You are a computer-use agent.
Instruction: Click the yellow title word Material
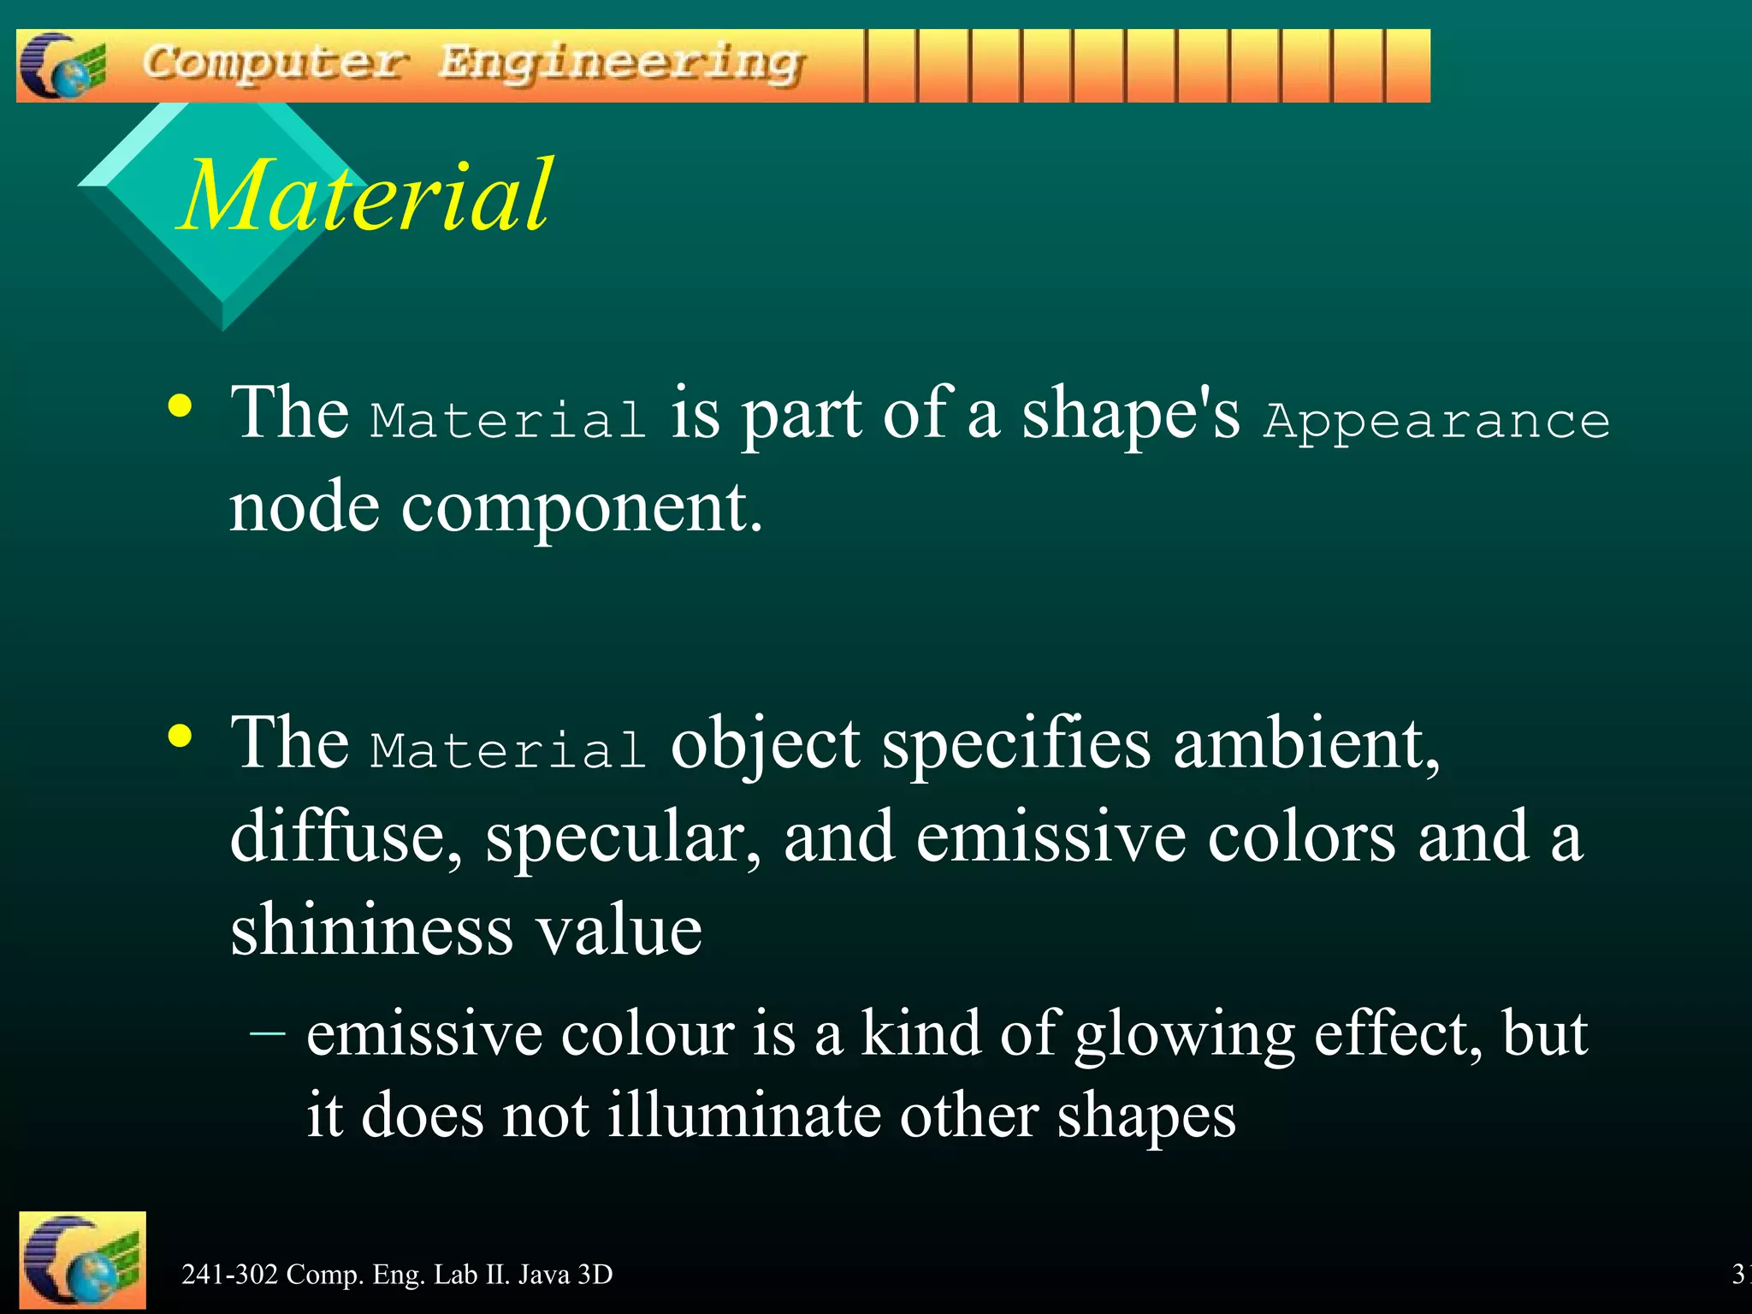tap(367, 196)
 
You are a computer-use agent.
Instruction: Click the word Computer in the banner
tap(273, 63)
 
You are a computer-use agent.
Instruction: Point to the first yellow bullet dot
tap(180, 406)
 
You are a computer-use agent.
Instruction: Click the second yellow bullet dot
tap(180, 735)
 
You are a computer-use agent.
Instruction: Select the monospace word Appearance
tap(1436, 421)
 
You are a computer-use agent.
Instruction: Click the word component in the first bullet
tap(582, 506)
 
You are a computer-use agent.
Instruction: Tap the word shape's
tap(1130, 414)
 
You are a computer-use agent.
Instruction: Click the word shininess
tap(372, 930)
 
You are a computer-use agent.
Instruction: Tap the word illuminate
tap(743, 1116)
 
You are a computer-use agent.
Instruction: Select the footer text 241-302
tap(230, 1275)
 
